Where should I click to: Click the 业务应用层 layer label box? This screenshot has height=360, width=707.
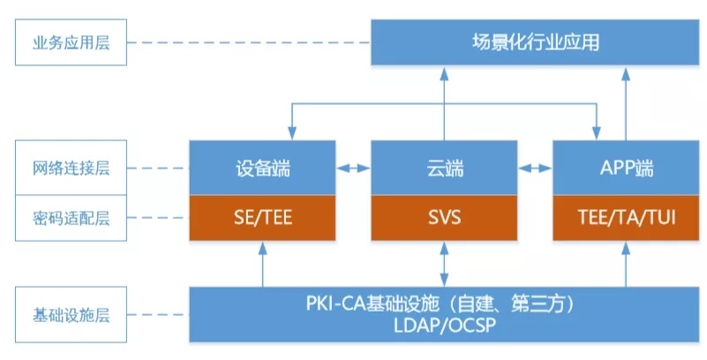click(71, 42)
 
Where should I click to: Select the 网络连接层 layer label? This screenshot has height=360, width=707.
click(71, 168)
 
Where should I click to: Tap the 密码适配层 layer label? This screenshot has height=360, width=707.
click(71, 218)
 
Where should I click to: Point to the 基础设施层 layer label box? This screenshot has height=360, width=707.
click(71, 314)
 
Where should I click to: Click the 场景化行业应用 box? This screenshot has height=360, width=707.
click(535, 42)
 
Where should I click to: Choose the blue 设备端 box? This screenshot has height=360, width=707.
click(262, 168)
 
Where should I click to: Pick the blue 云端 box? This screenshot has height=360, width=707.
click(444, 168)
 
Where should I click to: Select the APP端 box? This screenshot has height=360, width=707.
click(626, 168)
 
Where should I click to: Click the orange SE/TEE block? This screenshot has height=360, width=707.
click(262, 218)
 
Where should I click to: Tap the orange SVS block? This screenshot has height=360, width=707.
click(444, 218)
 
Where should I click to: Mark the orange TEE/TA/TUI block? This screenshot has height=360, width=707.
click(626, 218)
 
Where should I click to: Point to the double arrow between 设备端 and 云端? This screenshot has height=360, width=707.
click(353, 169)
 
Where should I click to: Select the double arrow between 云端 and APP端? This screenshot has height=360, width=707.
click(535, 169)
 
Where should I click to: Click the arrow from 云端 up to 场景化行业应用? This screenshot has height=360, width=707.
click(444, 103)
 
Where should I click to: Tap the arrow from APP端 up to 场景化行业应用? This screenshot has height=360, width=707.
click(626, 103)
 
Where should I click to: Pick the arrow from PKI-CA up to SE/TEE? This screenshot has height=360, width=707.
click(262, 264)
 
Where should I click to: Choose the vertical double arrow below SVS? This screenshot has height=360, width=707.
click(444, 264)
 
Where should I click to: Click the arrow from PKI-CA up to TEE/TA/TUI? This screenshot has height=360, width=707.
click(626, 264)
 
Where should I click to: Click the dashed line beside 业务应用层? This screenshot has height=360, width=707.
click(249, 43)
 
